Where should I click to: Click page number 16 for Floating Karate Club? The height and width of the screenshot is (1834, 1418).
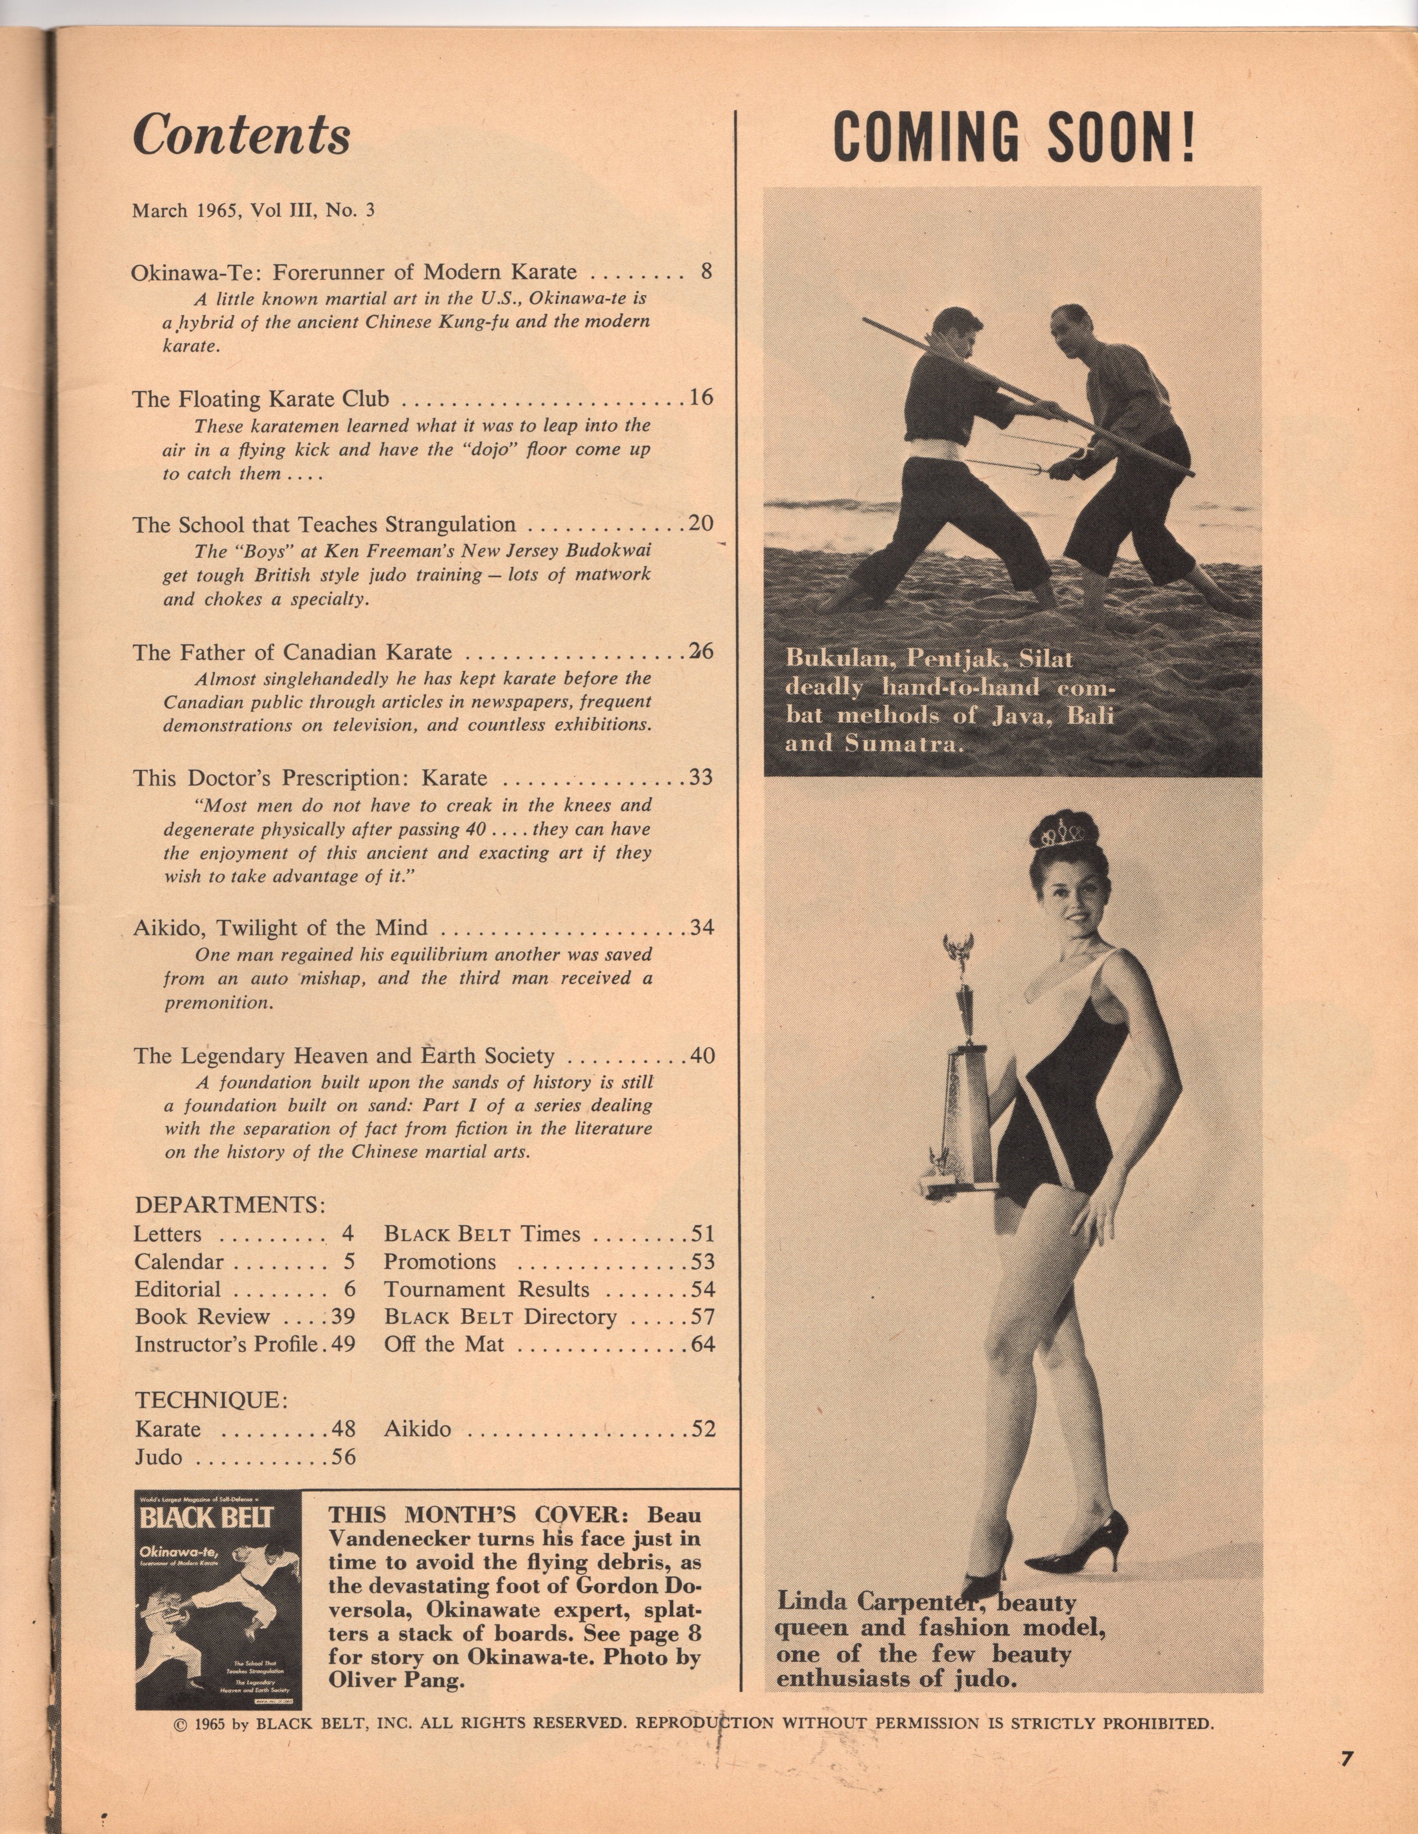click(701, 397)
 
